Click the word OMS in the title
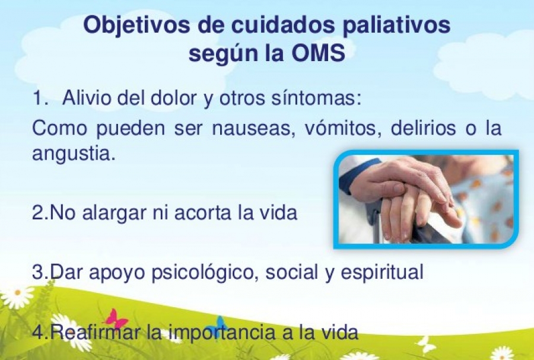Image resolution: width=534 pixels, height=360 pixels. (x=319, y=53)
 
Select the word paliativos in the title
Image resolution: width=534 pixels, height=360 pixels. (x=396, y=26)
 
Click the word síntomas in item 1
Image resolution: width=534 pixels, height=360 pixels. (x=316, y=98)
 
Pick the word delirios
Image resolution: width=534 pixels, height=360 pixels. (x=423, y=128)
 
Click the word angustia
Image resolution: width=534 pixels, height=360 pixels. (x=73, y=154)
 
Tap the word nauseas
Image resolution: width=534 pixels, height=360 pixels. (x=254, y=129)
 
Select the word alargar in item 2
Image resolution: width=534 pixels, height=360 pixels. (x=111, y=214)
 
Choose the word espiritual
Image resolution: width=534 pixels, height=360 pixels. (x=382, y=273)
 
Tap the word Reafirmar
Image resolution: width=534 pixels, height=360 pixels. (x=96, y=332)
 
